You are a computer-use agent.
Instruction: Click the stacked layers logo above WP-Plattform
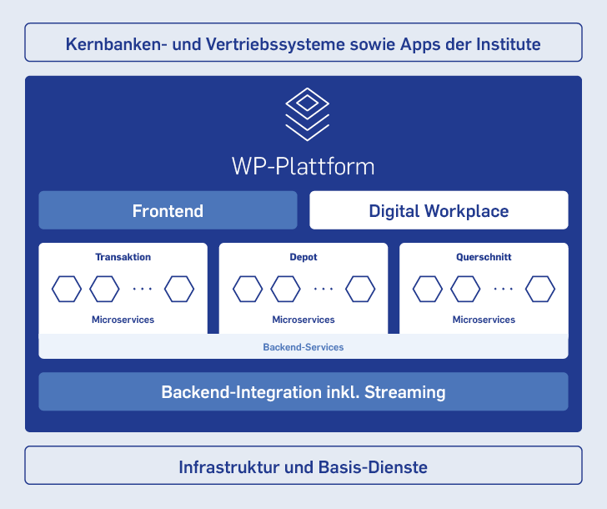[308, 114]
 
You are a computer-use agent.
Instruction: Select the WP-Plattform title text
[303, 167]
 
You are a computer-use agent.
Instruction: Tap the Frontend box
[168, 210]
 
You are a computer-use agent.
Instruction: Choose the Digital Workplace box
[439, 210]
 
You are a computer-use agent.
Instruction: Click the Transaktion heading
[123, 257]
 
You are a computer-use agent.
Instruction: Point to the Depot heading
[303, 257]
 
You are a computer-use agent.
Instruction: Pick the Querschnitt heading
[484, 257]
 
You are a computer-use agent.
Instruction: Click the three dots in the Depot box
[324, 289]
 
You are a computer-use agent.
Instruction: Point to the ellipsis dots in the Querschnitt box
[504, 289]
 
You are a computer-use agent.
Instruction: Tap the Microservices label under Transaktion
[123, 320]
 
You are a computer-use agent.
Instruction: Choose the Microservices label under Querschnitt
[484, 320]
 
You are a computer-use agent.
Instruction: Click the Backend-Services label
[303, 347]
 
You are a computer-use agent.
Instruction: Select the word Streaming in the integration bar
[405, 392]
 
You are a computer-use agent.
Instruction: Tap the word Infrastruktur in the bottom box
[228, 467]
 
